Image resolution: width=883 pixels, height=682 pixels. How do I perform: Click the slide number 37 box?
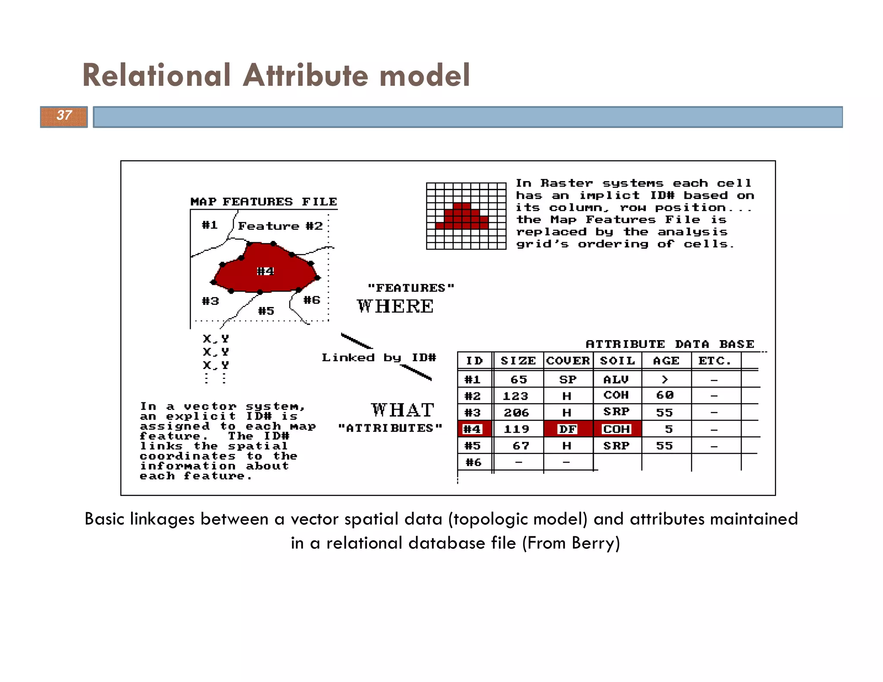(64, 116)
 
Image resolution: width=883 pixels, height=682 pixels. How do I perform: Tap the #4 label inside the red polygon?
(265, 271)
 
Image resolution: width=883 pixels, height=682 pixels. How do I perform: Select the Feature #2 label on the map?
(280, 226)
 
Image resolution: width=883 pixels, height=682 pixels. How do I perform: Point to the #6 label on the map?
(312, 300)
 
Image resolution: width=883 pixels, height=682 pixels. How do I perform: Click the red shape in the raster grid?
(462, 217)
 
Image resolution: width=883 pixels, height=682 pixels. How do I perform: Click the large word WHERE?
(395, 307)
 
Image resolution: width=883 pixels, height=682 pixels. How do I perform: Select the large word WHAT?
(402, 410)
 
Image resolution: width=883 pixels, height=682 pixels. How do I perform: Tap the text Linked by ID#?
(379, 358)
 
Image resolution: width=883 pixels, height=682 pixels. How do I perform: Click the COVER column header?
(568, 361)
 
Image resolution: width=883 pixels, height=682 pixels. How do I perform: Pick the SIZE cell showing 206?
(516, 413)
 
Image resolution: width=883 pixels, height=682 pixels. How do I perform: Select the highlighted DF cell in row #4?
(568, 429)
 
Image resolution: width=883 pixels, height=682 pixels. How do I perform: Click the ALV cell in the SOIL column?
(616, 379)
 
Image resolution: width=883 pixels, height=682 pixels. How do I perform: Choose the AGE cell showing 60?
(665, 395)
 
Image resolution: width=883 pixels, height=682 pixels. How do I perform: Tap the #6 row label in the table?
(473, 463)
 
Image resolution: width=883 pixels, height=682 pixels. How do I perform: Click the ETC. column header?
(715, 361)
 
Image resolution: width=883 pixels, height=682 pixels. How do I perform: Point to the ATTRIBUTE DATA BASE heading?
(670, 344)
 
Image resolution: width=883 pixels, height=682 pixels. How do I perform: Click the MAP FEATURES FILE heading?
(263, 202)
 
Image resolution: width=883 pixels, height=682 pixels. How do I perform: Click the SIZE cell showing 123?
(516, 396)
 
